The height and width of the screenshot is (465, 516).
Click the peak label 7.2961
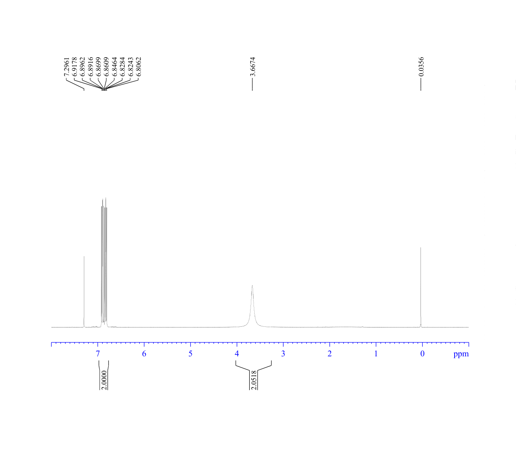coord(67,67)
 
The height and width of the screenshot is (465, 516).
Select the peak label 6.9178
coord(75,67)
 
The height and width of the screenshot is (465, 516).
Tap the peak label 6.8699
coord(98,67)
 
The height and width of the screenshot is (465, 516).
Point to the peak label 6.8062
coord(139,67)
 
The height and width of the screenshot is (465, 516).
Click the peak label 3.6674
coord(253,67)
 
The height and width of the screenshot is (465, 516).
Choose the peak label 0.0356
coord(421,67)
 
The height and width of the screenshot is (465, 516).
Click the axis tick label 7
coord(98,354)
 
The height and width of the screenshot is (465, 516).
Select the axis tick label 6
coord(144,354)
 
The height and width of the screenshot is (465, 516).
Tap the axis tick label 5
coord(190,354)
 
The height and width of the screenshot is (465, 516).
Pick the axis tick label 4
coord(237,354)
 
